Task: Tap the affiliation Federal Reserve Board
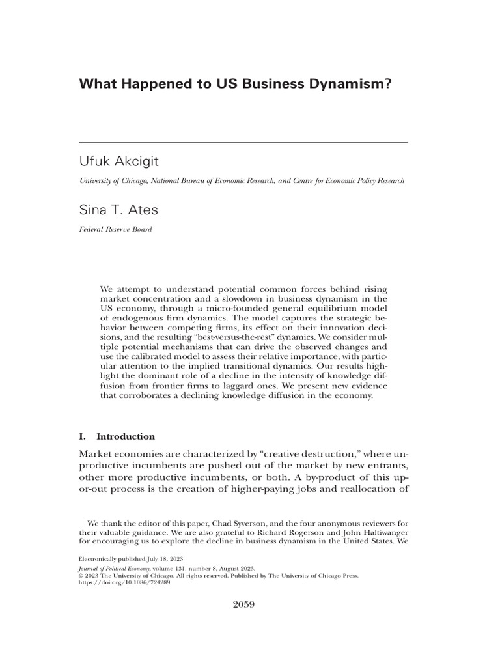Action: pyautogui.click(x=115, y=229)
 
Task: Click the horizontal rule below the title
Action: pyautogui.click(x=243, y=142)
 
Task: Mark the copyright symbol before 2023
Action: pyautogui.click(x=81, y=575)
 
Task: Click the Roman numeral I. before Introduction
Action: pyautogui.click(x=82, y=436)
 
